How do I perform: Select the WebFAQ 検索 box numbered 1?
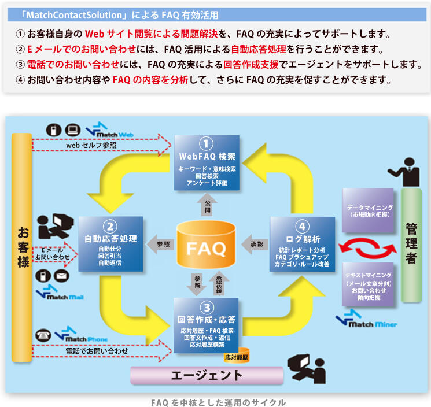pyautogui.click(x=207, y=162)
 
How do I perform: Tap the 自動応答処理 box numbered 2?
pyautogui.click(x=110, y=243)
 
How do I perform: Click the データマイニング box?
pyautogui.click(x=369, y=210)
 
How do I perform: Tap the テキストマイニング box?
pyautogui.click(x=369, y=286)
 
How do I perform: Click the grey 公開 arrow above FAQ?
pyautogui.click(x=207, y=204)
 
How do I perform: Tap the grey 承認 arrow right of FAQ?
pyautogui.click(x=255, y=243)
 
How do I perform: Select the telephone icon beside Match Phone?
pyautogui.click(x=43, y=335)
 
